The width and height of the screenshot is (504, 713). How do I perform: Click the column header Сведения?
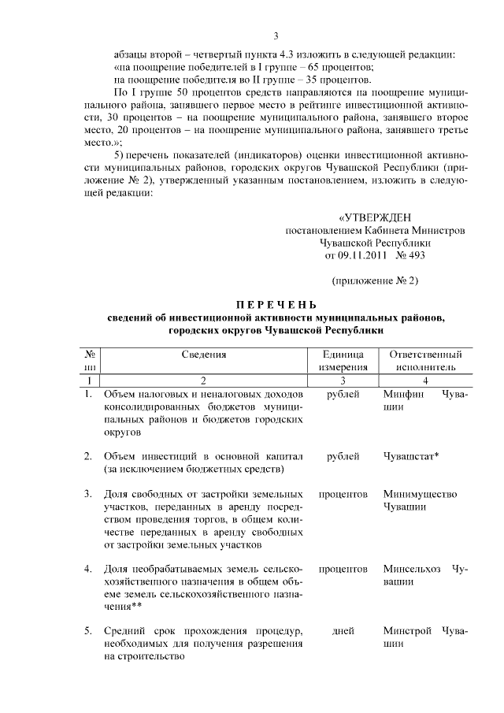[x=204, y=355]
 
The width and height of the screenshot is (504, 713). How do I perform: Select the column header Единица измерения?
[x=343, y=360]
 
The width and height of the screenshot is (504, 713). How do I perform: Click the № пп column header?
[x=90, y=360]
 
